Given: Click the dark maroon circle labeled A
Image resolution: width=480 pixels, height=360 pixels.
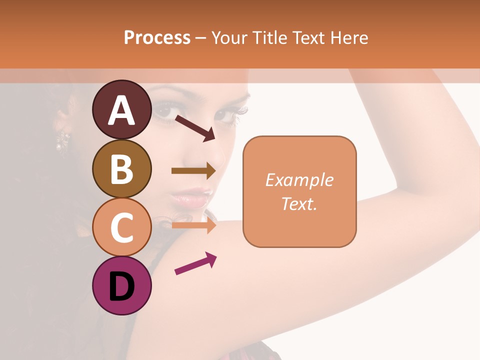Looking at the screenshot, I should (x=121, y=109).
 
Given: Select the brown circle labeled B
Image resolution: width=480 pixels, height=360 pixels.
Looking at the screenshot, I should (x=121, y=168).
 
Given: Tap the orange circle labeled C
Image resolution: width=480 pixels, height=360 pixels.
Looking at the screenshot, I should (x=121, y=227).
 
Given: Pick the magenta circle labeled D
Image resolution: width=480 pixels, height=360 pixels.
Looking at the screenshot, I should (x=121, y=286).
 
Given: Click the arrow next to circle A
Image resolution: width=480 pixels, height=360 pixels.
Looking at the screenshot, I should (x=195, y=128).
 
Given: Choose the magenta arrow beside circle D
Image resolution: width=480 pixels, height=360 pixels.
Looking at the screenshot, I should (x=195, y=264).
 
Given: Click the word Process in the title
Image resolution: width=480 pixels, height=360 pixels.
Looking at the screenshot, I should (x=157, y=37).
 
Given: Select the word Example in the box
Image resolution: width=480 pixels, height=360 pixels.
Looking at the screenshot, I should (x=299, y=180).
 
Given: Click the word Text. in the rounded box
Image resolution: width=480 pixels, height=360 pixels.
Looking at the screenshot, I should (x=299, y=203).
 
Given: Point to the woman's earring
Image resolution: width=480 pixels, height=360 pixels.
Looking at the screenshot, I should (x=63, y=140).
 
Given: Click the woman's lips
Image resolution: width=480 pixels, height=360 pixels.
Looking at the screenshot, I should (x=190, y=197).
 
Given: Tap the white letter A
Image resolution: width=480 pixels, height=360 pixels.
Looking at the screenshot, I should (x=121, y=110).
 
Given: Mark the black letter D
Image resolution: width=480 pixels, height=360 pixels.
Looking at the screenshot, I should (x=121, y=287).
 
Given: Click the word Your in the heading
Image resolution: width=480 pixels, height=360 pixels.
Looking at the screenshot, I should (x=230, y=37).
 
